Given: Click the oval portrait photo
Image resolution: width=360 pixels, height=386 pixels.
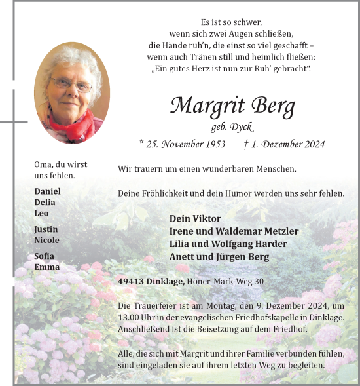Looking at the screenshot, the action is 71,92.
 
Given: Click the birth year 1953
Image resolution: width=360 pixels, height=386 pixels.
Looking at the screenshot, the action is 212,144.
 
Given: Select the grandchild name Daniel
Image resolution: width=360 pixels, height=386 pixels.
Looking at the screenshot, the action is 47,191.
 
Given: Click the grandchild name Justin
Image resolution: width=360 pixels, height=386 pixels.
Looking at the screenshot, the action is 46,229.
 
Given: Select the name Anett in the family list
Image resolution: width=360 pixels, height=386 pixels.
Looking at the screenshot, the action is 183,257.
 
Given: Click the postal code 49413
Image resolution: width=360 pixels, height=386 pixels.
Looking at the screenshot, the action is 132,282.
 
